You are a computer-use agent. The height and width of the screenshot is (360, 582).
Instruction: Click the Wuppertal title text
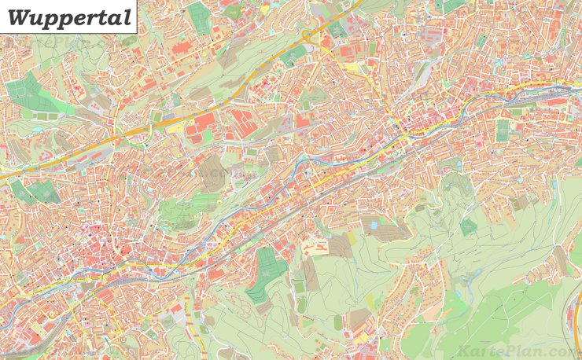coord(69,17)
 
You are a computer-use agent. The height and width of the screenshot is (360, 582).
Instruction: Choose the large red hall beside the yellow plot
coord(204,123)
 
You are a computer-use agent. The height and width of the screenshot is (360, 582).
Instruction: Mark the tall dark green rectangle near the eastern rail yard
coord(503,130)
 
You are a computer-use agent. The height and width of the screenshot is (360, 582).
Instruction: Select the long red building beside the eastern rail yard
coord(555,101)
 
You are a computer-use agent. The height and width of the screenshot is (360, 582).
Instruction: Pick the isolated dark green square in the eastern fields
coord(469,227)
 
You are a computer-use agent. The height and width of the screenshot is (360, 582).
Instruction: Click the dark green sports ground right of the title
coord(200,17)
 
